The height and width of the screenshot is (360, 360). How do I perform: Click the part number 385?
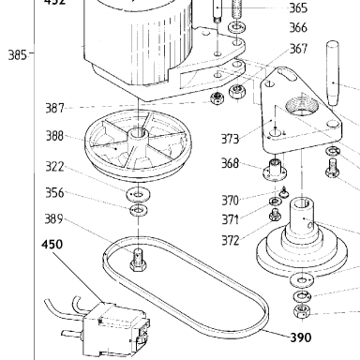click(17, 55)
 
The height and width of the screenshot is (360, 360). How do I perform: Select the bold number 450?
click(52, 244)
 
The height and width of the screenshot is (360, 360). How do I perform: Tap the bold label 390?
click(301, 337)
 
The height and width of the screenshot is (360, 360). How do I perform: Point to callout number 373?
click(230, 139)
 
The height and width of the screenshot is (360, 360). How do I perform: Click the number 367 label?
click(298, 49)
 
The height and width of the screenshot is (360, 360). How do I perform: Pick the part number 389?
click(53, 218)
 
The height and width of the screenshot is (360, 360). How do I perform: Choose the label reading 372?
click(231, 240)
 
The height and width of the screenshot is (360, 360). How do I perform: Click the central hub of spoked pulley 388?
click(137, 134)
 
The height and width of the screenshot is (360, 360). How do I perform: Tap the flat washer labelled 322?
click(138, 194)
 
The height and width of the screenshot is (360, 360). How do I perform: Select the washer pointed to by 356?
click(139, 210)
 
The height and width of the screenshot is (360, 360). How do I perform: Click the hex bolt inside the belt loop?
click(138, 260)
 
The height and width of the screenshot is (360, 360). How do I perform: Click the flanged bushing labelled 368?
click(274, 170)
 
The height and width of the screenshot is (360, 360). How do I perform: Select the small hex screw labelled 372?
click(275, 215)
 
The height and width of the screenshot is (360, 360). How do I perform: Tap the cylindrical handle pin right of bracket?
click(333, 73)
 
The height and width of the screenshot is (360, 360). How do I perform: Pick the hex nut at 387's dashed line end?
click(217, 98)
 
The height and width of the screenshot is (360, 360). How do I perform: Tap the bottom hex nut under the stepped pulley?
click(303, 311)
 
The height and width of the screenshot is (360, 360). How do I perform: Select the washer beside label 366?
click(237, 27)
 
